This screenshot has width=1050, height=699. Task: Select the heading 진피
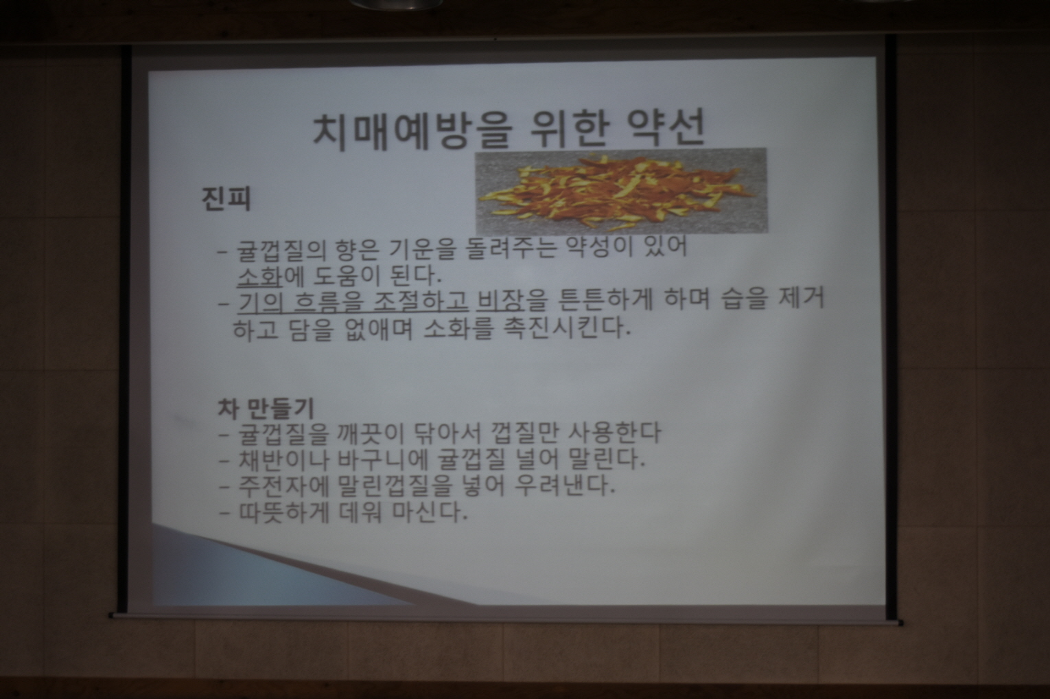(226, 198)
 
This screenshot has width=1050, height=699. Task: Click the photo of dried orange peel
(621, 191)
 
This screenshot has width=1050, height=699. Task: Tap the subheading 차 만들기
(266, 408)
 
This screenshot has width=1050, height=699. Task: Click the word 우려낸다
(564, 487)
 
